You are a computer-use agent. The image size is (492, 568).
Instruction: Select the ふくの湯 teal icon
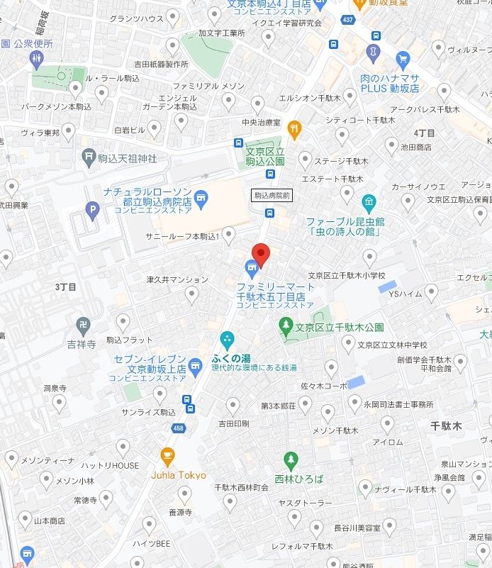click(227, 340)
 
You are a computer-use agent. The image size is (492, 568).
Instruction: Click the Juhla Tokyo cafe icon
click(167, 455)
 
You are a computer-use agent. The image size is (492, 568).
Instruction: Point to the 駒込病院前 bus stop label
click(271, 195)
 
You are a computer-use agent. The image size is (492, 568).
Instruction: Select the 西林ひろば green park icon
click(290, 460)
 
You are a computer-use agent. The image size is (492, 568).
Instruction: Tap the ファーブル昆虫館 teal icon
click(368, 202)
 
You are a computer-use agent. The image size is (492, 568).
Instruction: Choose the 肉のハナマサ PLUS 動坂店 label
click(389, 83)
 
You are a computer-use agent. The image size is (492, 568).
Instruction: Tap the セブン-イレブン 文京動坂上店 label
click(150, 364)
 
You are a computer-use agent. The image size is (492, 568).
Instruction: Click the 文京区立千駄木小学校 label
click(347, 276)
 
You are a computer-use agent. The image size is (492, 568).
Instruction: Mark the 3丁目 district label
click(65, 286)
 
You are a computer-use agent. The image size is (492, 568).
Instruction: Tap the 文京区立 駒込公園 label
click(265, 157)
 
